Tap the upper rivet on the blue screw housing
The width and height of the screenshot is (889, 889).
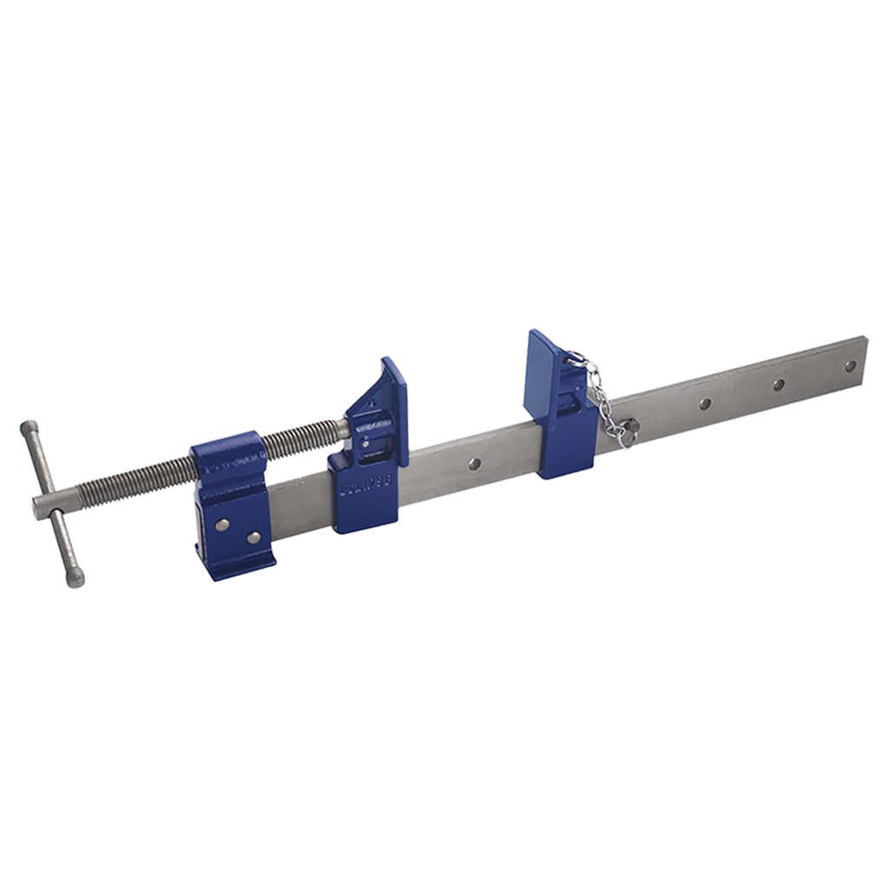[x=223, y=524]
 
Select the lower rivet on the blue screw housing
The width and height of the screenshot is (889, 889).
[x=253, y=538]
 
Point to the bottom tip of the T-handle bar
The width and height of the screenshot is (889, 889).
[x=77, y=580]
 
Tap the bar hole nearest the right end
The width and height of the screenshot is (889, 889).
[x=850, y=366]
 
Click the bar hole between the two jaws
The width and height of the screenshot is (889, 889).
[x=474, y=463]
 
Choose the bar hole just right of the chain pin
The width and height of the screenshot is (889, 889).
[x=705, y=404]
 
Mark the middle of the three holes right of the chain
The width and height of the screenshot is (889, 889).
[x=778, y=385]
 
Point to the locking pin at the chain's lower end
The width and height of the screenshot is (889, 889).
[x=627, y=431]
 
